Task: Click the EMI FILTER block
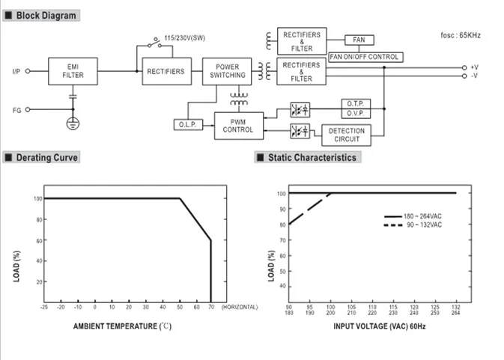tap(73, 71)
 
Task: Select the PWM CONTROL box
tap(239, 126)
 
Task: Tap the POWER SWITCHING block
tap(227, 71)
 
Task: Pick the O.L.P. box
tap(189, 124)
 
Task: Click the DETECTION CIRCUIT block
tap(346, 135)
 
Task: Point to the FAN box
tap(359, 40)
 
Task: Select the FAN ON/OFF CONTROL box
tap(365, 57)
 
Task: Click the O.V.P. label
tap(356, 113)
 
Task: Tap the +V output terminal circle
tap(464, 68)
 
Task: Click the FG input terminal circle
tap(28, 109)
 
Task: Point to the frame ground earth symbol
tap(73, 123)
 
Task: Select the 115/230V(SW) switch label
tap(184, 38)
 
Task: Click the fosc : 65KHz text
tap(461, 35)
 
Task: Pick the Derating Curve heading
tap(47, 158)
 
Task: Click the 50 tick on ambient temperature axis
tap(180, 307)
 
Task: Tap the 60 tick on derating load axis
tap(39, 240)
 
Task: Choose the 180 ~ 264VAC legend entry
tap(413, 216)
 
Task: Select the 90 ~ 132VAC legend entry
tap(413, 225)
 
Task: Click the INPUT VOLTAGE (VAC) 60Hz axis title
tap(380, 326)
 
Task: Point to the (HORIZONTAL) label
tap(240, 307)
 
